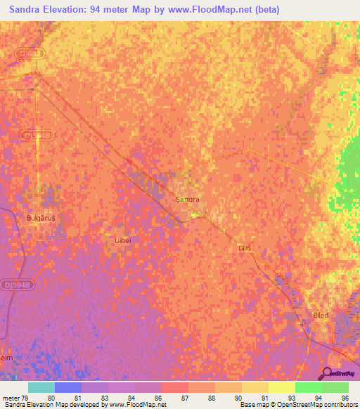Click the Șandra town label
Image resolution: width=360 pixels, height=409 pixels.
pos(187,200)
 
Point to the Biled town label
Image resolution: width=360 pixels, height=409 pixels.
pos(320,316)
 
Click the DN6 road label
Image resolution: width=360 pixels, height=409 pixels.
pos(244,248)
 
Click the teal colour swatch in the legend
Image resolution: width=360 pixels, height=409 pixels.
pos(41,387)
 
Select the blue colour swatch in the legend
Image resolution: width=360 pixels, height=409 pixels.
pos(68,387)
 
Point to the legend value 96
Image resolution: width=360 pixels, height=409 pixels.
pos(345,397)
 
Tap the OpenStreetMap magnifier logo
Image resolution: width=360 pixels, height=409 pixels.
pos(327,374)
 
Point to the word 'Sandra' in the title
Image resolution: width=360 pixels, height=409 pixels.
pos(29,9)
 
